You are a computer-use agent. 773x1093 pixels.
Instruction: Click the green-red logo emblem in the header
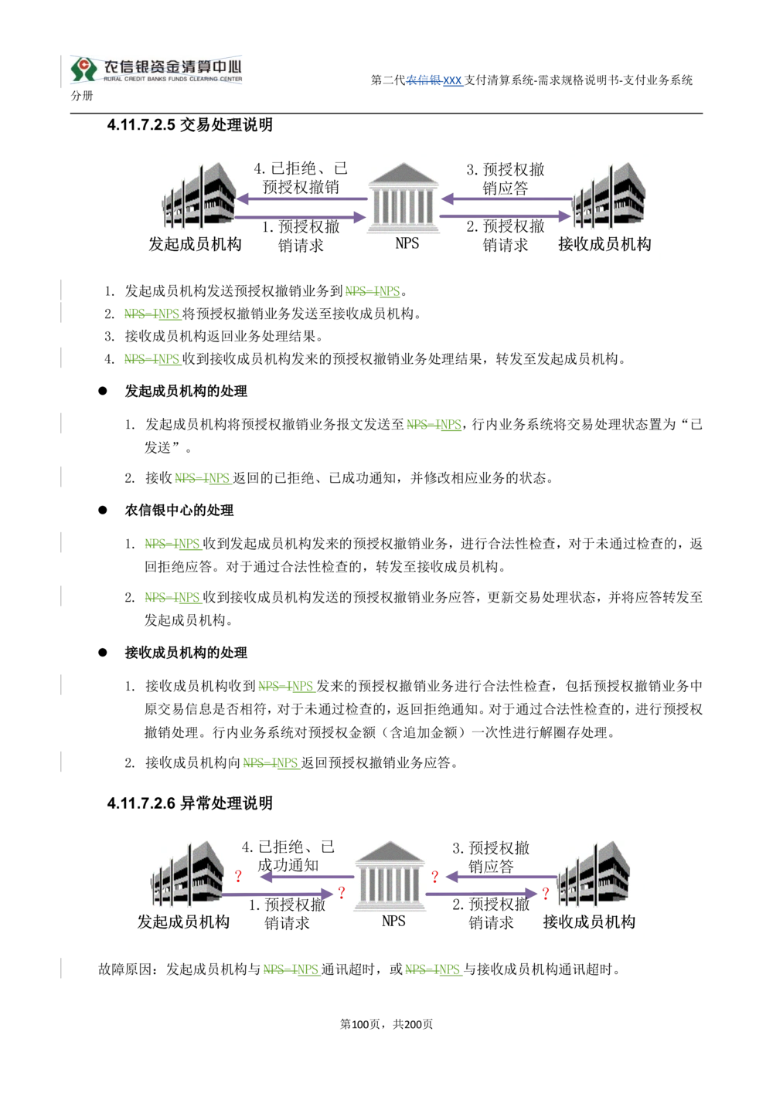point(83,69)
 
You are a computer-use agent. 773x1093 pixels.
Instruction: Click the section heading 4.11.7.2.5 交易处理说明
point(190,125)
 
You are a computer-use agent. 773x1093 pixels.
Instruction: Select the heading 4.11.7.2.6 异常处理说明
point(190,803)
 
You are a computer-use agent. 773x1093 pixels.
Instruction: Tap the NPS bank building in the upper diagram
point(403,198)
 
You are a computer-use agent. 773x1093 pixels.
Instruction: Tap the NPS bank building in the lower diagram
point(390,876)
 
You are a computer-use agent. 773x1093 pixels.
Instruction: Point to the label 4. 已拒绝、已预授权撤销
point(301,178)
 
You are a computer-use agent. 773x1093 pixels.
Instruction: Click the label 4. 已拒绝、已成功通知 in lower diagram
point(288,856)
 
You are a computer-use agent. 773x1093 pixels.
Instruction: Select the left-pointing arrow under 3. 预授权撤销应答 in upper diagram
point(506,199)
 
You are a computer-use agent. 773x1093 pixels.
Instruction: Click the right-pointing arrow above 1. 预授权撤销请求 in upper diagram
point(301,216)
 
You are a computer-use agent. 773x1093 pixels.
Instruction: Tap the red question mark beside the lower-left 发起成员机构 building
point(238,877)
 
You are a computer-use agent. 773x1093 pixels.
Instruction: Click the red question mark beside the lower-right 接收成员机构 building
point(546,894)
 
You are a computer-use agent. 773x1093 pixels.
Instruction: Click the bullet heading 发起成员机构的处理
point(186,392)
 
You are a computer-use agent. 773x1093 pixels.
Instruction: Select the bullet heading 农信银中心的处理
point(179,511)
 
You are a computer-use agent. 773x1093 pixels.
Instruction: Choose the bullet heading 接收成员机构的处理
point(186,653)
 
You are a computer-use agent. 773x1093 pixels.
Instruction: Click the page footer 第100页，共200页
point(386,1024)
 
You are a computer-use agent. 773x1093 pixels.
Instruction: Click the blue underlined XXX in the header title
point(452,80)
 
